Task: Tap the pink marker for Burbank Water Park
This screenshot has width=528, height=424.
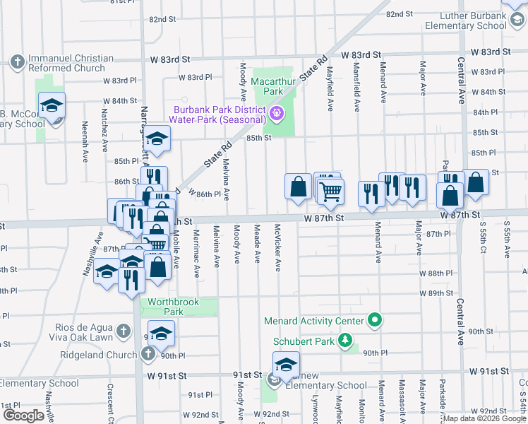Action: [x=277, y=112]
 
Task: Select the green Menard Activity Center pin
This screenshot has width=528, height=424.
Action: [x=376, y=321]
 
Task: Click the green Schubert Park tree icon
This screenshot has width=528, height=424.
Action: [x=345, y=341]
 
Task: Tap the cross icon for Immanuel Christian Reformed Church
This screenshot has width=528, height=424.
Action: [x=16, y=63]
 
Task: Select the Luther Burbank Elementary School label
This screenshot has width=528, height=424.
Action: [x=466, y=20]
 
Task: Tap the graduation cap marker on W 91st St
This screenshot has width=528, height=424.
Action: [x=285, y=365]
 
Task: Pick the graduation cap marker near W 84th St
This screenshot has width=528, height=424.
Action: [x=52, y=105]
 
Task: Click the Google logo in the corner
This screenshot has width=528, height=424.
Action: [x=23, y=415]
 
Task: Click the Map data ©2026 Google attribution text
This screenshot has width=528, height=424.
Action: [x=484, y=418]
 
